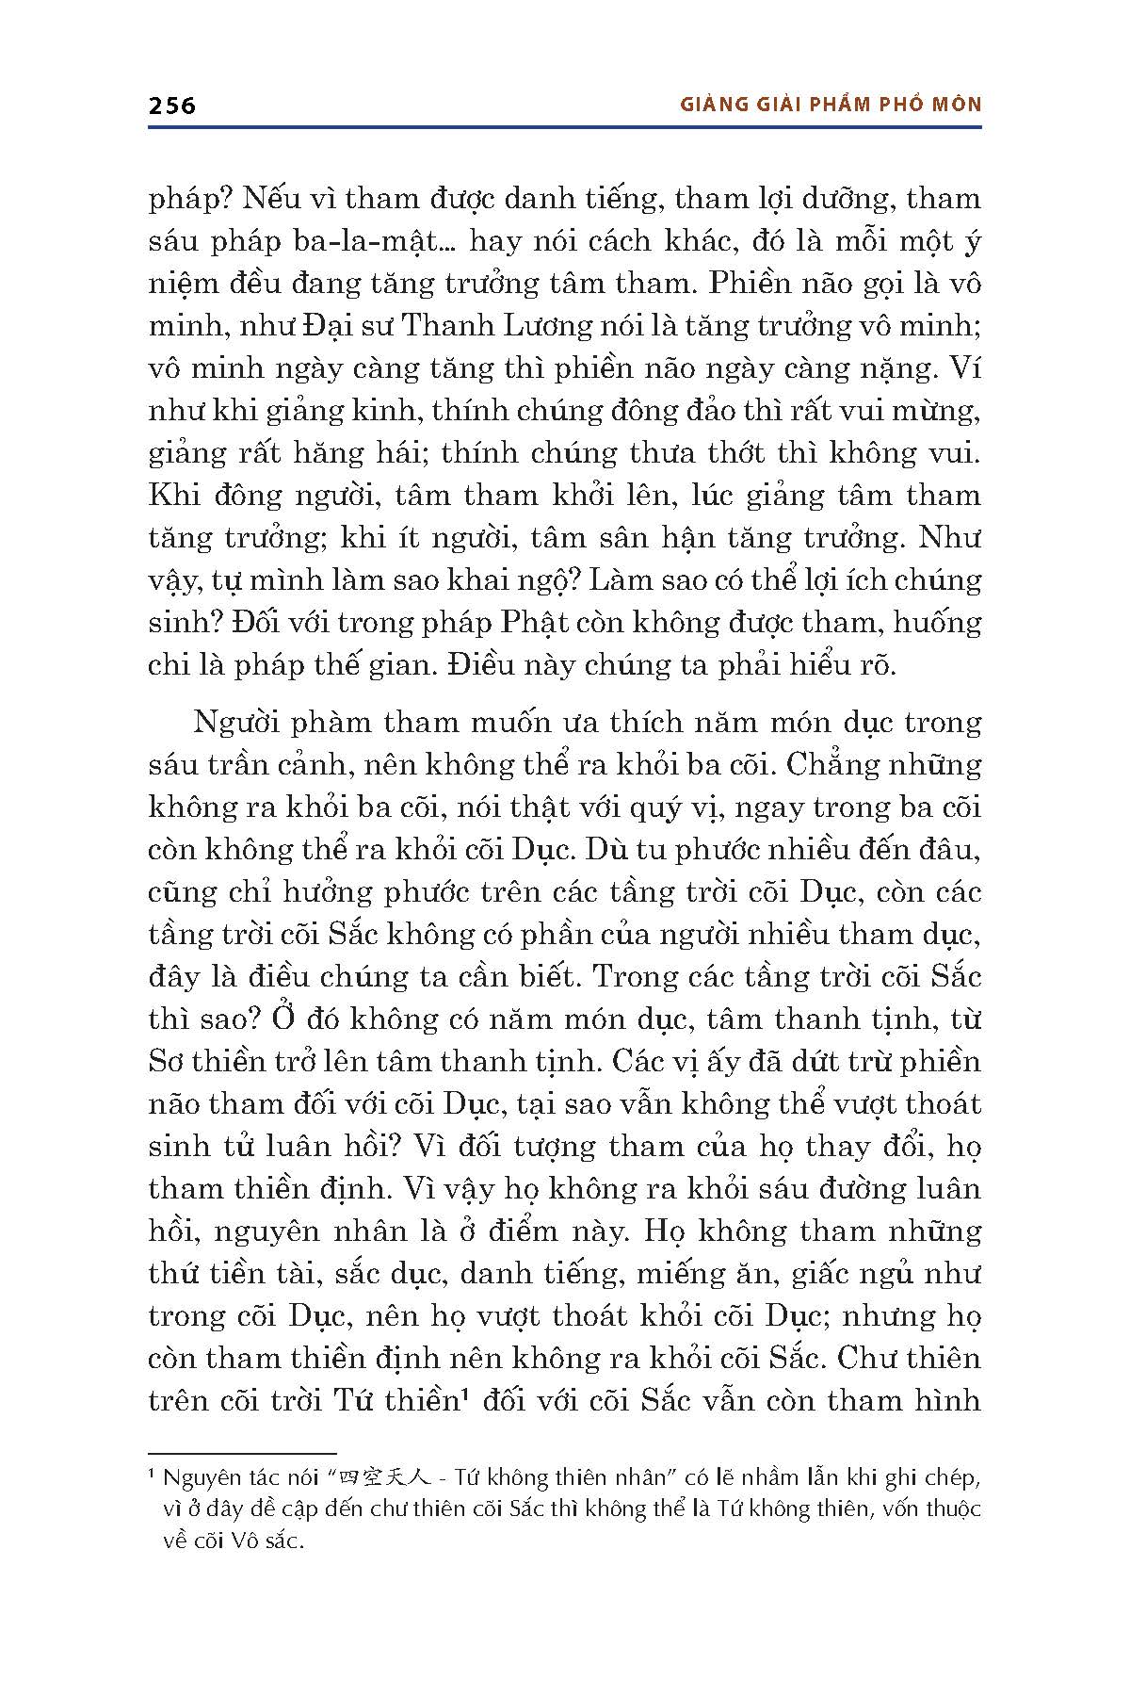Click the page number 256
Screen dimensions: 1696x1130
[x=172, y=105]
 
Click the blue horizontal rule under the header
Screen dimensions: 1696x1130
[x=565, y=128]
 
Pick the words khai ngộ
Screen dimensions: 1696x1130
[x=505, y=580]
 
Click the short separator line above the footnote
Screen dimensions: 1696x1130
[x=242, y=1454]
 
